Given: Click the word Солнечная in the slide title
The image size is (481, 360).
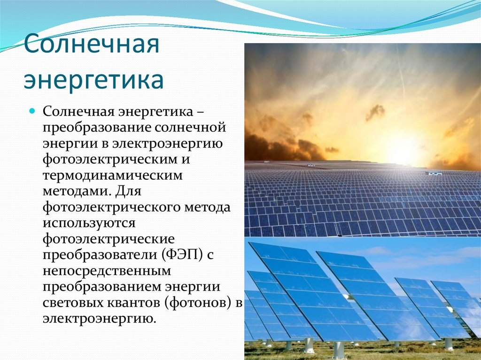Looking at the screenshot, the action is point(92,44).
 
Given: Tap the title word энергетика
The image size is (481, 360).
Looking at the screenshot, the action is point(94,80).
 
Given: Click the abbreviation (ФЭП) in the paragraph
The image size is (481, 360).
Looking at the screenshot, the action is point(181,254).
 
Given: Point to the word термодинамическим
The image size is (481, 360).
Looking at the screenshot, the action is point(113,176).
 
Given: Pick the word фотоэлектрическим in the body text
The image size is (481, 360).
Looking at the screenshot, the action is point(110,160).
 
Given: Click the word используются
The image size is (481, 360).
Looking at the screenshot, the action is point(89,223).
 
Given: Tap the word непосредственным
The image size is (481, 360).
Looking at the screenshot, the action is point(107,271).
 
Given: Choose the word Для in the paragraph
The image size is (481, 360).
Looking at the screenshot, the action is point(128,191).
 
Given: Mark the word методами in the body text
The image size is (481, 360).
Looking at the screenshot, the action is point(77,191).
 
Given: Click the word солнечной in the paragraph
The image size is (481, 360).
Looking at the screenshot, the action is point(190,127).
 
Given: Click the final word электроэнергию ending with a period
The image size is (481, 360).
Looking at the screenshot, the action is point(100,319).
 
